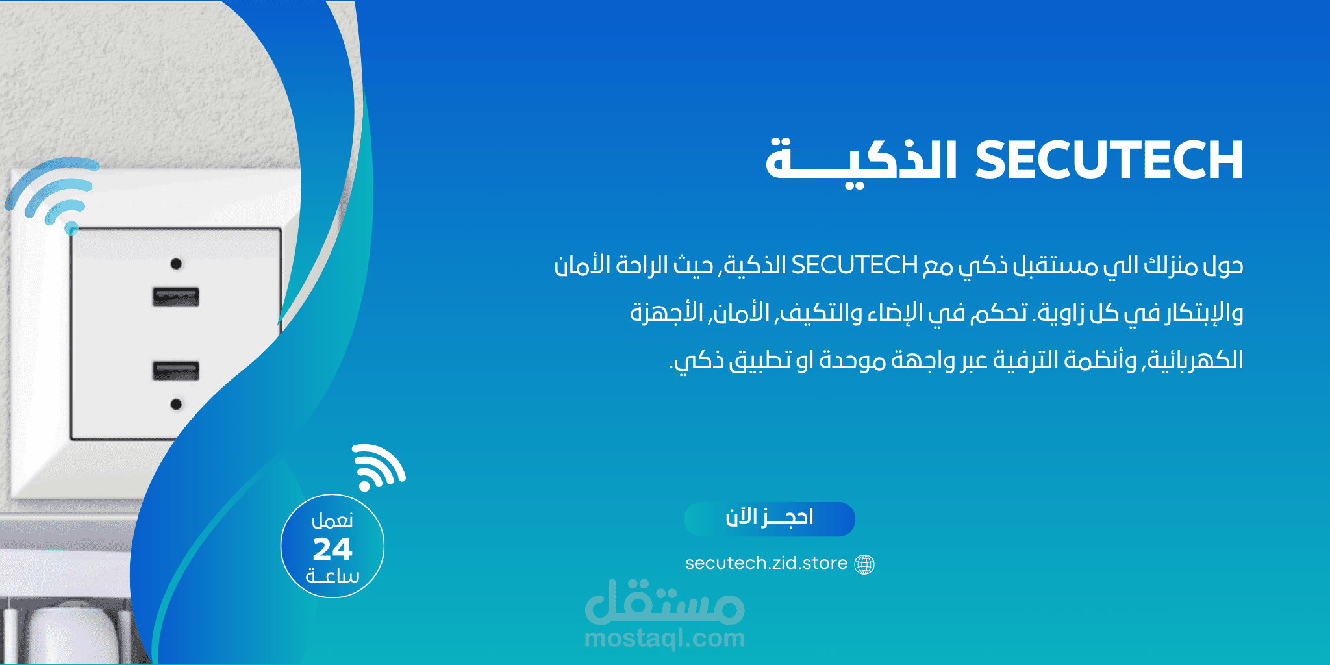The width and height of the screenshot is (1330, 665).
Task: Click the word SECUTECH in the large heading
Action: (1109, 160)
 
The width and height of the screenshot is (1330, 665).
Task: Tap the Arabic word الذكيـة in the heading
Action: (862, 161)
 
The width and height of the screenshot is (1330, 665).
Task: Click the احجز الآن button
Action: (770, 519)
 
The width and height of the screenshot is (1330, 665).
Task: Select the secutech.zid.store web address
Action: (766, 563)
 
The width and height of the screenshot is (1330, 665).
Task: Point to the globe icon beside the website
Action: (864, 564)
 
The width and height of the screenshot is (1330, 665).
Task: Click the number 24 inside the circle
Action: (332, 549)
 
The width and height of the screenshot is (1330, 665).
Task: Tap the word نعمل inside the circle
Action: (332, 520)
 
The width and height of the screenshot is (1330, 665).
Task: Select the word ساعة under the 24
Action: (332, 576)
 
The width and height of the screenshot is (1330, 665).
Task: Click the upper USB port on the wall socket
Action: (176, 297)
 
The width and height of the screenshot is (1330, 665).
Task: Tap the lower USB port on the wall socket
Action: (176, 370)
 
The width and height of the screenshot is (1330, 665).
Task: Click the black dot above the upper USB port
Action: (176, 264)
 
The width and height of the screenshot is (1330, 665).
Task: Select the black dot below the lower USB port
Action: (176, 405)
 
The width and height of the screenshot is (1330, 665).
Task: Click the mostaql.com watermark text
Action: (664, 639)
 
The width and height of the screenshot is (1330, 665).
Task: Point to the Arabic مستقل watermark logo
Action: (664, 601)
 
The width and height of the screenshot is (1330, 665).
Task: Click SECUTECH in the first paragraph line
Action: (854, 265)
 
